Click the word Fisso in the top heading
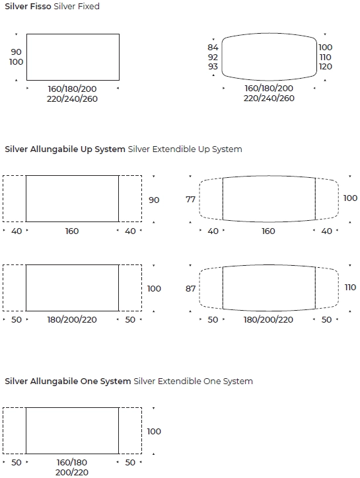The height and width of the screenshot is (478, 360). click(x=41, y=7)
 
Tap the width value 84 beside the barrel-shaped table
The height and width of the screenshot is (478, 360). click(x=213, y=47)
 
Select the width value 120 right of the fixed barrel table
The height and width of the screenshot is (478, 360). click(x=325, y=67)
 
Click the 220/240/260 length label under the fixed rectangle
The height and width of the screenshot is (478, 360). click(x=72, y=99)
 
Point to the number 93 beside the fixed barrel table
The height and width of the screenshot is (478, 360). click(x=213, y=67)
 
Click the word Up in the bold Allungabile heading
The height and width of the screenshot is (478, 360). click(x=87, y=149)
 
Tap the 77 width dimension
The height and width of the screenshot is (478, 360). click(x=190, y=200)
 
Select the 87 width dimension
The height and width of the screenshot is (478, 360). click(x=190, y=288)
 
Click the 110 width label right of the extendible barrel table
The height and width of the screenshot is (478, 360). click(x=350, y=288)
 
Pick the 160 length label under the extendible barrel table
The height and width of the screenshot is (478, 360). click(x=268, y=231)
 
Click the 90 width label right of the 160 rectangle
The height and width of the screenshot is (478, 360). click(x=154, y=200)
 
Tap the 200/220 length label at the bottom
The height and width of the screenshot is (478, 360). click(x=72, y=472)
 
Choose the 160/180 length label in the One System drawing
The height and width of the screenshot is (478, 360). click(x=72, y=462)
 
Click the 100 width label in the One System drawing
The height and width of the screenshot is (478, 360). click(x=154, y=431)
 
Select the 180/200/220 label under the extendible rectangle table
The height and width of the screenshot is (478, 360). click(x=72, y=320)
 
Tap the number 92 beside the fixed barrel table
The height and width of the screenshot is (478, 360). click(x=213, y=57)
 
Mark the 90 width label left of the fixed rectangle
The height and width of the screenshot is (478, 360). click(x=16, y=52)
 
